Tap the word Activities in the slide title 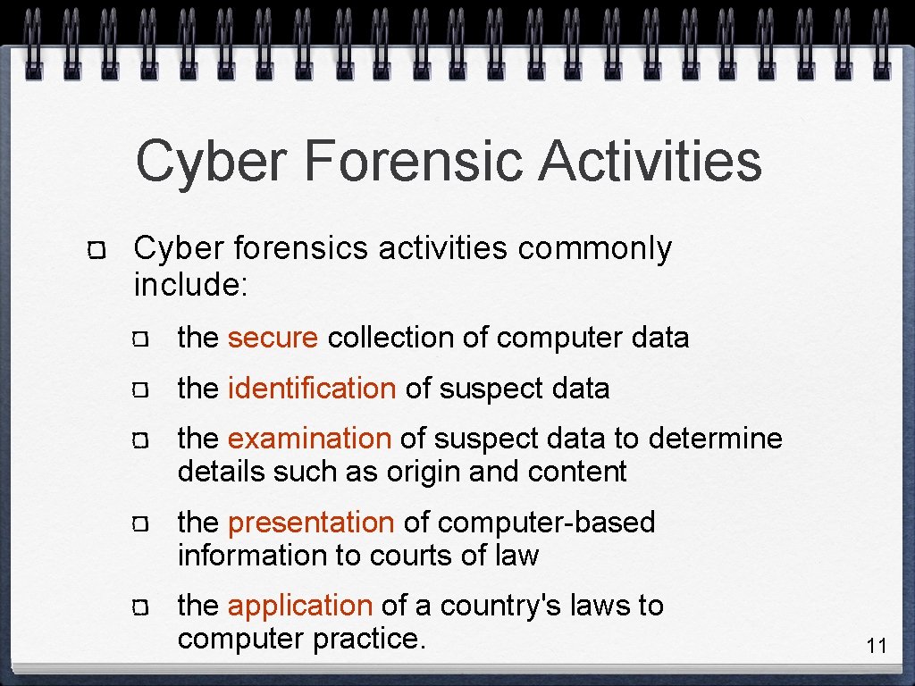tap(651, 161)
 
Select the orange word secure tap(273, 338)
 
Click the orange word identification tap(312, 389)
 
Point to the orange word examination tap(309, 439)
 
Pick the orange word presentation tap(311, 523)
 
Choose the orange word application tap(299, 606)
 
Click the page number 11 tap(877, 646)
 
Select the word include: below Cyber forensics tap(189, 285)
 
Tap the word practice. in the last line tap(369, 639)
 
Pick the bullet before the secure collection tap(142, 339)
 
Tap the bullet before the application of tap(142, 608)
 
